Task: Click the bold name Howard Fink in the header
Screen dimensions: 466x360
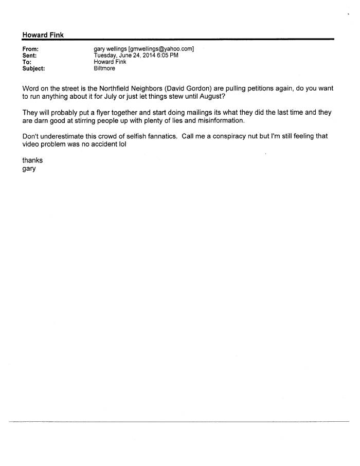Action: point(43,34)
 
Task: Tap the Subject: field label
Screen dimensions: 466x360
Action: point(33,68)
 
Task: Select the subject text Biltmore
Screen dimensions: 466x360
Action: point(104,68)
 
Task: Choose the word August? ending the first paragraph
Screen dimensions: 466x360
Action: point(210,97)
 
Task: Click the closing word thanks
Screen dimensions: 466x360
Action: point(32,160)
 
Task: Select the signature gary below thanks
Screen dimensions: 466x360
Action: point(29,169)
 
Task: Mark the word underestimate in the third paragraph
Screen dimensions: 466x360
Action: point(64,136)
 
